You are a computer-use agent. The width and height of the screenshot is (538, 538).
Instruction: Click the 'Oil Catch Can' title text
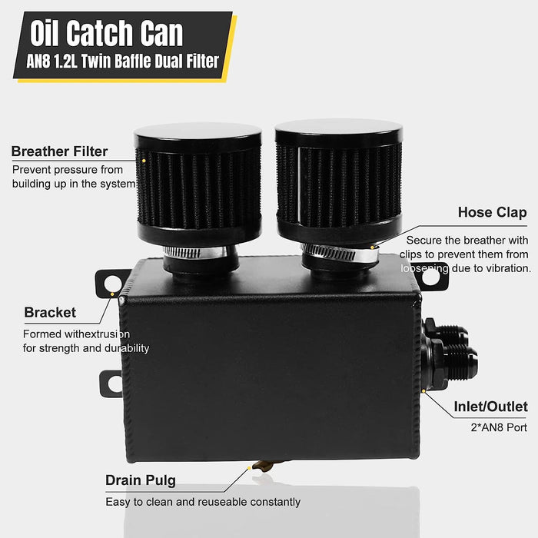coord(108,34)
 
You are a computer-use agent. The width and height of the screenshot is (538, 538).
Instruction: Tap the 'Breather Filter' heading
coord(59,151)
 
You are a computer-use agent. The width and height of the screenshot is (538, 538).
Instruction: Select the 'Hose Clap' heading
coord(492,212)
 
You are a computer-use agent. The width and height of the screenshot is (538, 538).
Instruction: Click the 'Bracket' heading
coord(50,313)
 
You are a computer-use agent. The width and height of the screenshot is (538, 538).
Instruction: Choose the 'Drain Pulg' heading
coord(141,481)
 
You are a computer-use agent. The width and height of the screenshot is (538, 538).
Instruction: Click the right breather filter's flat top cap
coord(338,132)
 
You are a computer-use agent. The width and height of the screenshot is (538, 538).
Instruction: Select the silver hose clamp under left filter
coord(195,251)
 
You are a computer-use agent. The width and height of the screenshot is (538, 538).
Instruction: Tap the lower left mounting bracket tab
coord(110,383)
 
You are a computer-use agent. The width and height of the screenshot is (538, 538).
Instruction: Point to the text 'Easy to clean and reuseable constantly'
coord(203,502)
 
